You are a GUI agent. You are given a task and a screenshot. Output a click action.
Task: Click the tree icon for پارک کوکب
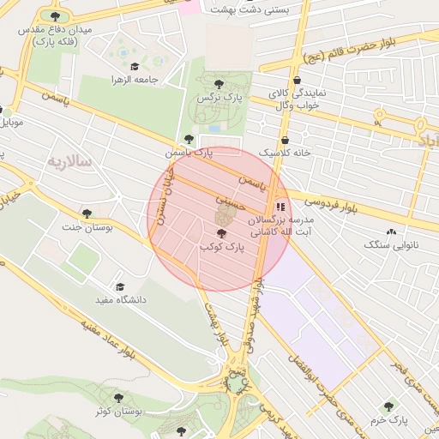click(x=221, y=233)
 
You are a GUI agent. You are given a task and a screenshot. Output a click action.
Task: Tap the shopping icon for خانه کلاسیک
click(x=285, y=140)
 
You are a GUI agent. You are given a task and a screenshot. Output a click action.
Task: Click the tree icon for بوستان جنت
click(x=86, y=213)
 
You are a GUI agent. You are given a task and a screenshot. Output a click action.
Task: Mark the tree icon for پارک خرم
click(x=389, y=406)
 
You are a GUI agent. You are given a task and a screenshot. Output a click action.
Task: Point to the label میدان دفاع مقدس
click(x=54, y=35)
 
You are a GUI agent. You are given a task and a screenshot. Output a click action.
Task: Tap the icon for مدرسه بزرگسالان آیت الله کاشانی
click(x=280, y=207)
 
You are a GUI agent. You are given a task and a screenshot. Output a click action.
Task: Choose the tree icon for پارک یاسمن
click(x=189, y=139)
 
